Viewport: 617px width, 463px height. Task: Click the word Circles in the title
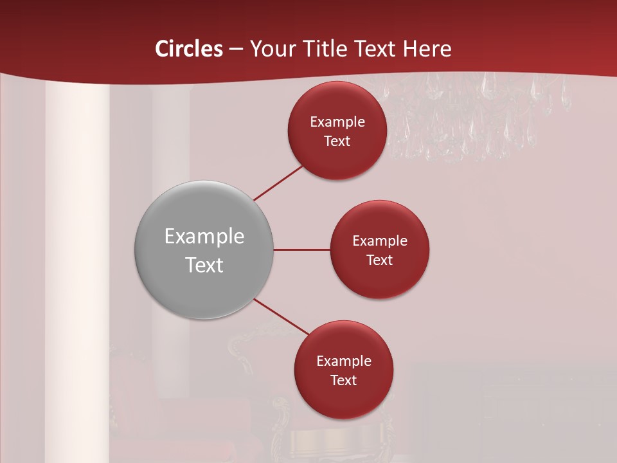189,49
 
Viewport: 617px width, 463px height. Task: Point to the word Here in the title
427,49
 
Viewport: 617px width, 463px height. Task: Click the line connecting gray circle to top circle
278,183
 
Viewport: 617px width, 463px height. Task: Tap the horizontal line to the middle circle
301,250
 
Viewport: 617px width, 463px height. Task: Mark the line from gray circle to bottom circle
282,316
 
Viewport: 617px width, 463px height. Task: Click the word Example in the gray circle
204,237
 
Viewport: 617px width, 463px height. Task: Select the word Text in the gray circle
204,265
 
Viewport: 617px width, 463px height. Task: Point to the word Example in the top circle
337,122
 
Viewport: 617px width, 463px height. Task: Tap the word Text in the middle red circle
379,260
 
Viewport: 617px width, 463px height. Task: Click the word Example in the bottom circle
344,361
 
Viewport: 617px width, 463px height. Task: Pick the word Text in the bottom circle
344,381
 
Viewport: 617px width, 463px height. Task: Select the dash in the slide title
236,50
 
